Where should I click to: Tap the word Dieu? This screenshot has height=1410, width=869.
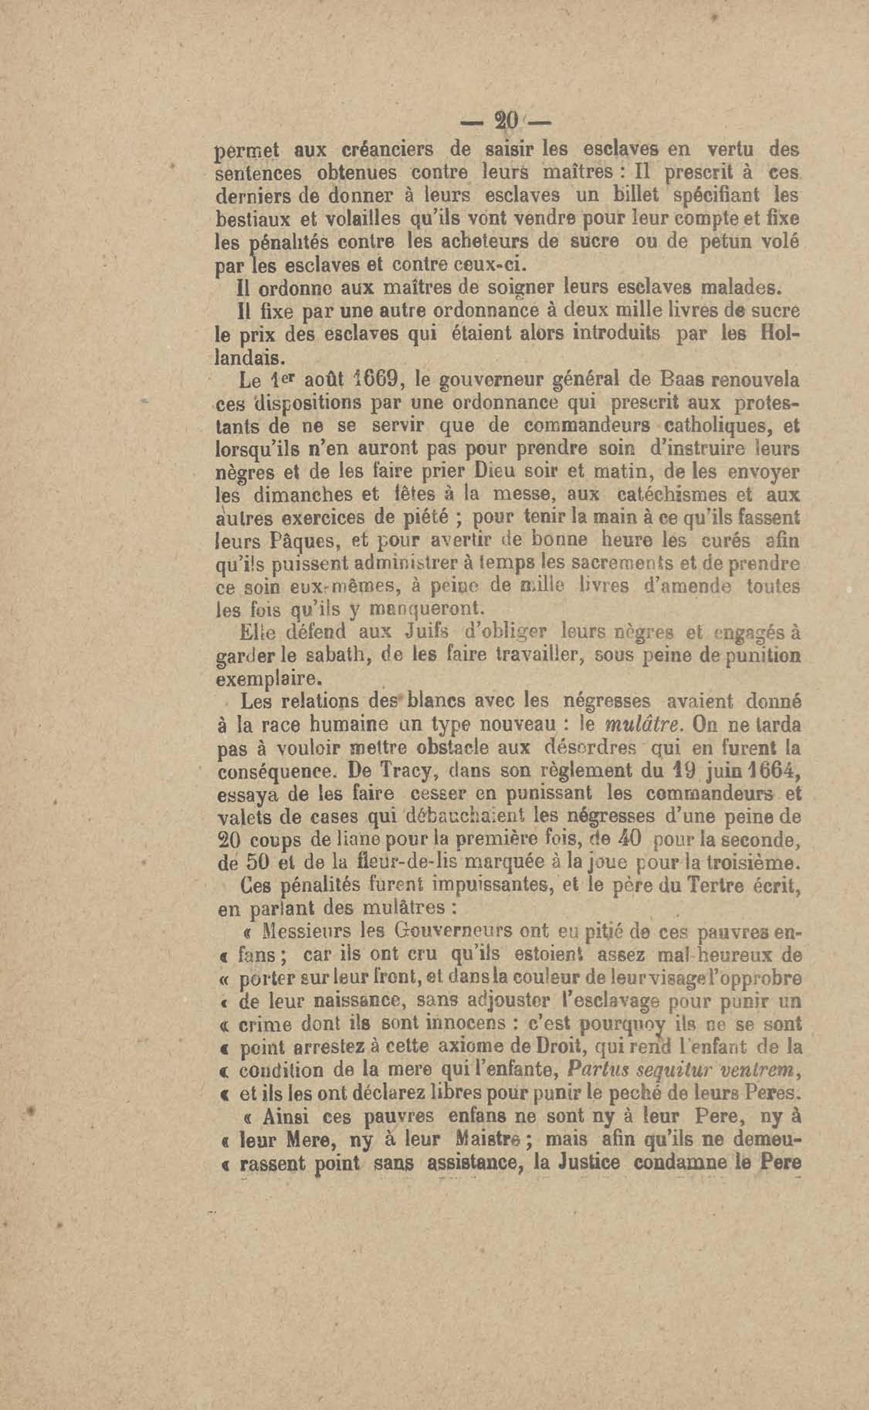click(487, 473)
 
